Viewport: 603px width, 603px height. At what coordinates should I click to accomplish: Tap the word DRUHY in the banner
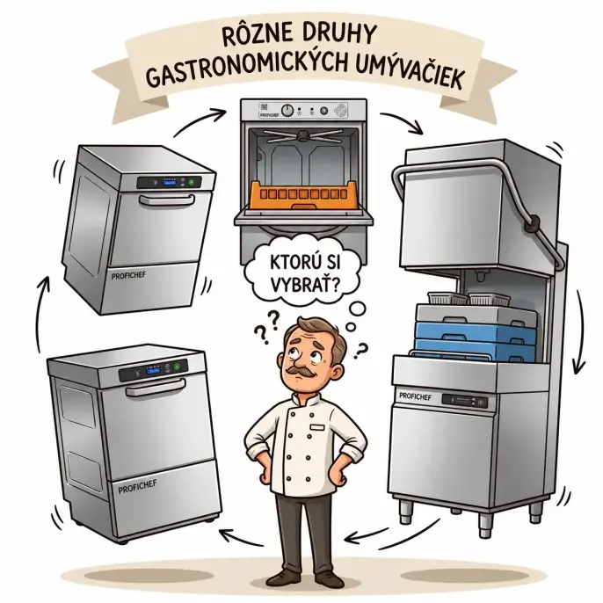click(338, 34)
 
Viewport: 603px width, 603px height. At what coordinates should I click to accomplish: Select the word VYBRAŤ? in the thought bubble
click(304, 285)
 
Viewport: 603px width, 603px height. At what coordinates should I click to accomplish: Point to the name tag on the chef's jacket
click(317, 427)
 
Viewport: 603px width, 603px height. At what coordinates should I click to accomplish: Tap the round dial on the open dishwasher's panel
click(287, 111)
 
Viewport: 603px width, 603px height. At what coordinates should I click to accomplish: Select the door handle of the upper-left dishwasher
click(167, 200)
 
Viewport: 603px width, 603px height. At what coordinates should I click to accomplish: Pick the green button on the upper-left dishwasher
click(192, 181)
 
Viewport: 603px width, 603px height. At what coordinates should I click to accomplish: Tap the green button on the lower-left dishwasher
click(177, 367)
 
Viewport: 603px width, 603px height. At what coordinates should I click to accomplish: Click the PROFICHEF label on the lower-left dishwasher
click(138, 487)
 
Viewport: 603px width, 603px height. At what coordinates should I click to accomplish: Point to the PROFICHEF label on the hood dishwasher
click(415, 396)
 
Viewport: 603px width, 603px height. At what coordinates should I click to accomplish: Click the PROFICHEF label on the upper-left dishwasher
click(129, 275)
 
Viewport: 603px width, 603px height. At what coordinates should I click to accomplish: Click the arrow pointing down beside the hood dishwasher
click(578, 331)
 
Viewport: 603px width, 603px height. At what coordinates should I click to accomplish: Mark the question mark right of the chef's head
click(360, 351)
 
